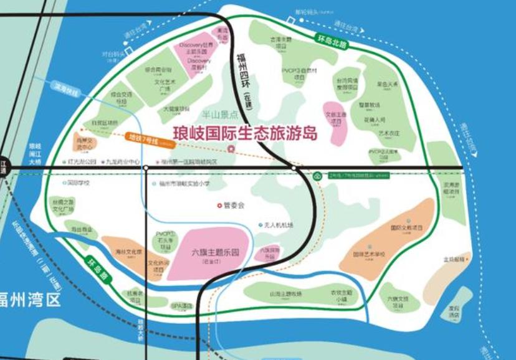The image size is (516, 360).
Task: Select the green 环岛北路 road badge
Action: pyautogui.click(x=330, y=41)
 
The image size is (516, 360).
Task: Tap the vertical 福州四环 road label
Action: pyautogui.click(x=244, y=75)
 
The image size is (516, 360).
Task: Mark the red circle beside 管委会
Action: pyautogui.click(x=219, y=205)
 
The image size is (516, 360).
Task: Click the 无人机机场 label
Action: pyautogui.click(x=278, y=225)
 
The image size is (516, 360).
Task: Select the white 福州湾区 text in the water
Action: pyautogui.click(x=31, y=299)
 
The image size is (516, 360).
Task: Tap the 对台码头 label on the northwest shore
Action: pyautogui.click(x=111, y=55)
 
